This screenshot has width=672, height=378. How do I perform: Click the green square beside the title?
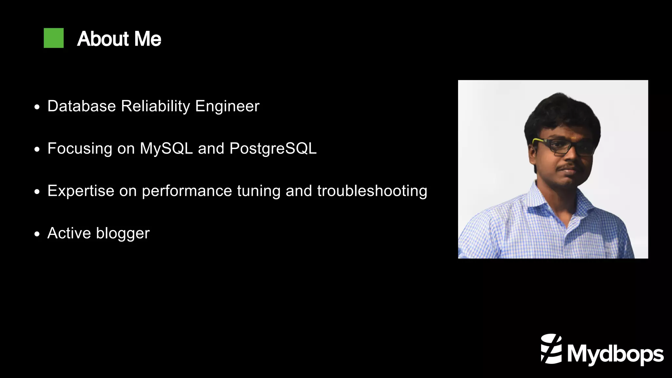[x=53, y=38]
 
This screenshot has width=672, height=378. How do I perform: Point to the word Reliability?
[x=156, y=106]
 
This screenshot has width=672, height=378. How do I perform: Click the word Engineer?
[x=227, y=106]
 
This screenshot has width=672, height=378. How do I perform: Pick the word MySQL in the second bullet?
[x=166, y=148]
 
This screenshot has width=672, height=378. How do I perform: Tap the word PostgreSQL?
[x=273, y=148]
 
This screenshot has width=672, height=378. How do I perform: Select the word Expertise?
[x=81, y=191]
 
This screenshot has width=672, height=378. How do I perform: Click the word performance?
[x=187, y=191]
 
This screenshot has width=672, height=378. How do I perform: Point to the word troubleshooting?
[x=372, y=191]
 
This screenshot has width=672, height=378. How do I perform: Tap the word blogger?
[x=123, y=233]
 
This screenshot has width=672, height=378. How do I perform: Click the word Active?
[x=69, y=233]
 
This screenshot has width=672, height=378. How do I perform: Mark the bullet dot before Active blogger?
[x=37, y=234]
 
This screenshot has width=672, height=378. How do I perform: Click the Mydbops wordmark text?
[x=615, y=354]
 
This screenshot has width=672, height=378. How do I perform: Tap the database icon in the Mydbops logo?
[x=551, y=349]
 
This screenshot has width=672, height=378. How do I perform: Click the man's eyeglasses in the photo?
[x=563, y=146]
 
